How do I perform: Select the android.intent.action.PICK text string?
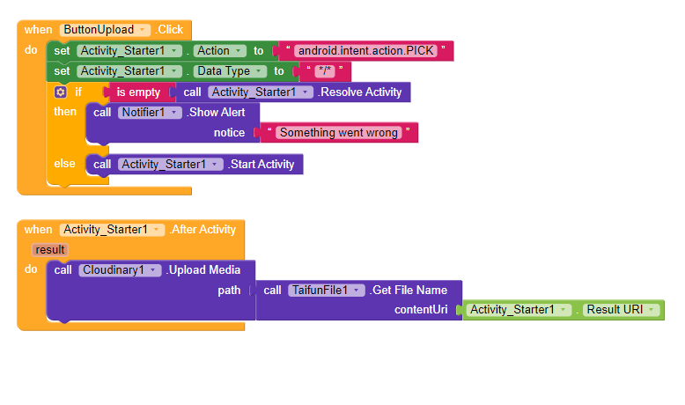pyautogui.click(x=365, y=50)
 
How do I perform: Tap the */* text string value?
pyautogui.click(x=327, y=71)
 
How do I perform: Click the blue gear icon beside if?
pyautogui.click(x=60, y=92)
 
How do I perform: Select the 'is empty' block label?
pyautogui.click(x=138, y=92)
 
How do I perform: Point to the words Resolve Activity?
pyautogui.click(x=360, y=92)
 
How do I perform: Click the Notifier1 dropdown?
pyautogui.click(x=149, y=113)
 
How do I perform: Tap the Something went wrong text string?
pyautogui.click(x=339, y=133)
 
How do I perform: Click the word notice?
pyautogui.click(x=229, y=133)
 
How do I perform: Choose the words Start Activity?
pyautogui.click(x=262, y=164)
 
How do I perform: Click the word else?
pyautogui.click(x=65, y=164)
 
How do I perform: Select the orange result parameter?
pyautogui.click(x=50, y=250)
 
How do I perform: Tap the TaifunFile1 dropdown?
pyautogui.click(x=325, y=290)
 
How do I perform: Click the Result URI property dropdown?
pyautogui.click(x=622, y=310)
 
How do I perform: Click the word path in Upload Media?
pyautogui.click(x=229, y=290)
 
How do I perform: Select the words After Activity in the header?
pyautogui.click(x=203, y=229)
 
